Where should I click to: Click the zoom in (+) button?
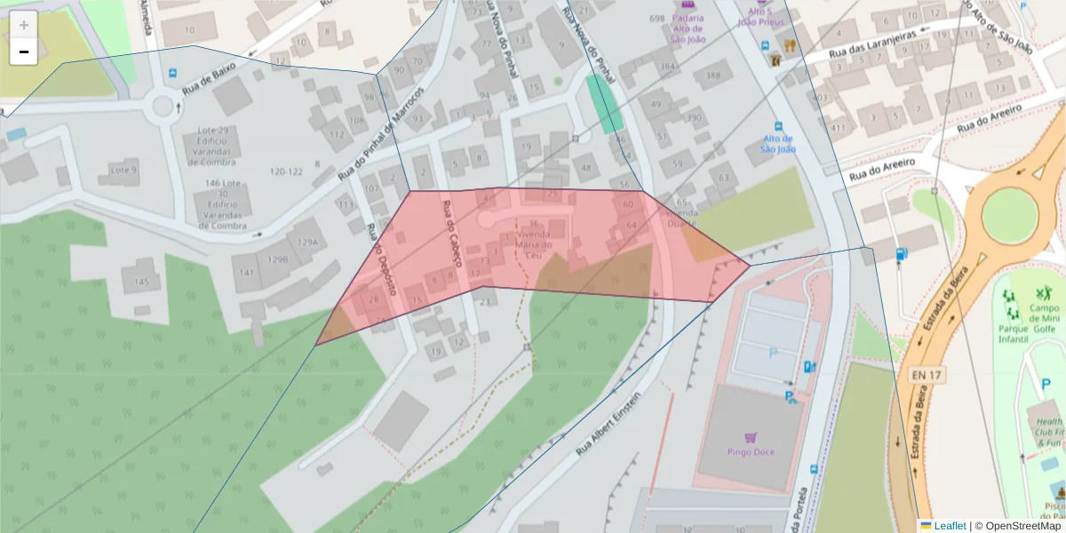23,25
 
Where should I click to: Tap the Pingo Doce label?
751,451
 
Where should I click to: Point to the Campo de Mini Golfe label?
1045,314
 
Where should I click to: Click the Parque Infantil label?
1013,332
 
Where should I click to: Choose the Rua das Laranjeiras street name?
874,44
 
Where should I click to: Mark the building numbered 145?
140,282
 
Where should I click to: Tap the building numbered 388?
713,76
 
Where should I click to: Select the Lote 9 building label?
123,170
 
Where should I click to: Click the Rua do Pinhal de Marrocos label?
381,133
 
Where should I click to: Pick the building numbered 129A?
307,242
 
